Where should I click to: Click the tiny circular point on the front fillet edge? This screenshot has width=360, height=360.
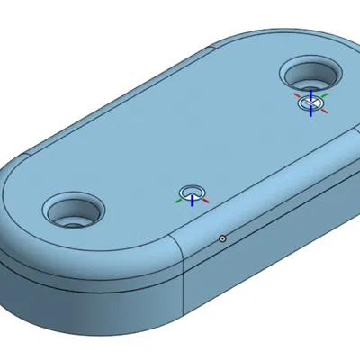click(221, 238)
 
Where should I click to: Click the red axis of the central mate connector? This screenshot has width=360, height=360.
click(206, 201)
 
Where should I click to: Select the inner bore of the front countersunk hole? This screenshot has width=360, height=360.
click(71, 217)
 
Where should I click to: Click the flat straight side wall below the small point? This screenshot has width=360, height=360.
click(261, 252)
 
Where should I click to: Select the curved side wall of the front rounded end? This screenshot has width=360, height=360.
click(90, 286)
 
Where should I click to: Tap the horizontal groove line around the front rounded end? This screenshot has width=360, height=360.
click(90, 276)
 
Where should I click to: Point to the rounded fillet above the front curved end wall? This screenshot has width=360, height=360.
click(90, 256)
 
